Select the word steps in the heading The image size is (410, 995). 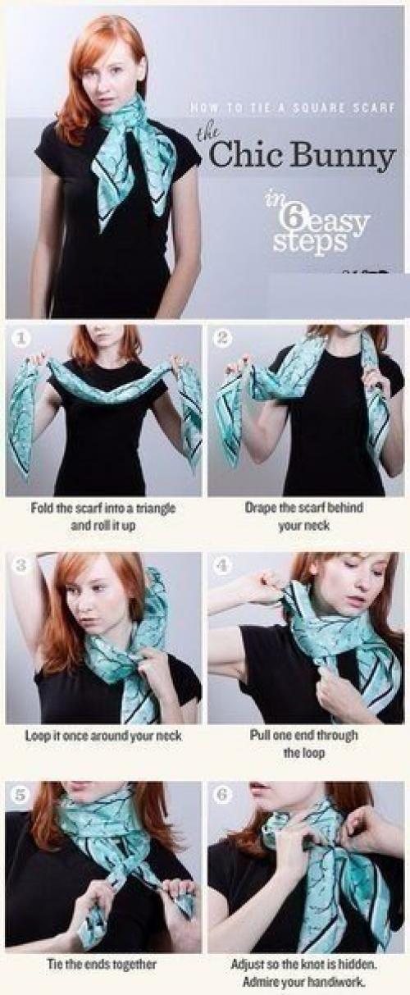pos(310,241)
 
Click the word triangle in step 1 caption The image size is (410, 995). pos(156,508)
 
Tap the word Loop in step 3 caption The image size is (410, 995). pos(36,736)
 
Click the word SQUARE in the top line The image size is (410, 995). pos(317,107)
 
